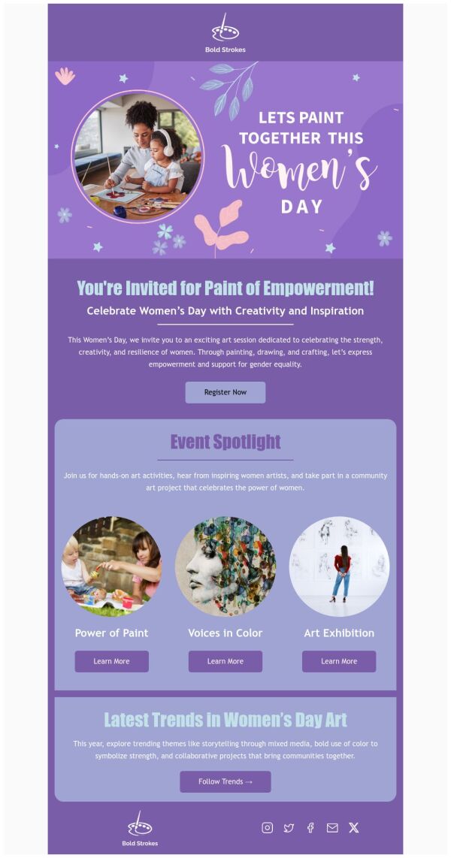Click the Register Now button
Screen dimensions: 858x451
point(225,392)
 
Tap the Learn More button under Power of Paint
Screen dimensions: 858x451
point(111,661)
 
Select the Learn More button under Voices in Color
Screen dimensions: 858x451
point(225,661)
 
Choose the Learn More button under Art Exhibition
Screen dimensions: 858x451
point(339,661)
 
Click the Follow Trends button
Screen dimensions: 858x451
point(225,781)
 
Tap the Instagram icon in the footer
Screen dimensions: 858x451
point(267,827)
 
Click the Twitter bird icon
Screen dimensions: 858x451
point(289,827)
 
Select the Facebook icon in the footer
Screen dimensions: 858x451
point(310,827)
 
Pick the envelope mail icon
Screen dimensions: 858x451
point(332,827)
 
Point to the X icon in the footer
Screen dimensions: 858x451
point(354,827)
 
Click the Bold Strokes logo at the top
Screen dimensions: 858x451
point(225,34)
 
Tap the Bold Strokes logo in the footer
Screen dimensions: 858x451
point(140,828)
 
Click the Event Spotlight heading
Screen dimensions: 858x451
point(225,442)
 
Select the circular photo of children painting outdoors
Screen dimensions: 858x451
point(111,566)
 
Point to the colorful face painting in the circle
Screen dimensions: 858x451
point(225,566)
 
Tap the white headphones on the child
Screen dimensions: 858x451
point(165,143)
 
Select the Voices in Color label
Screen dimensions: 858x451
point(225,633)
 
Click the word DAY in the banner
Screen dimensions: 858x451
point(301,207)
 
